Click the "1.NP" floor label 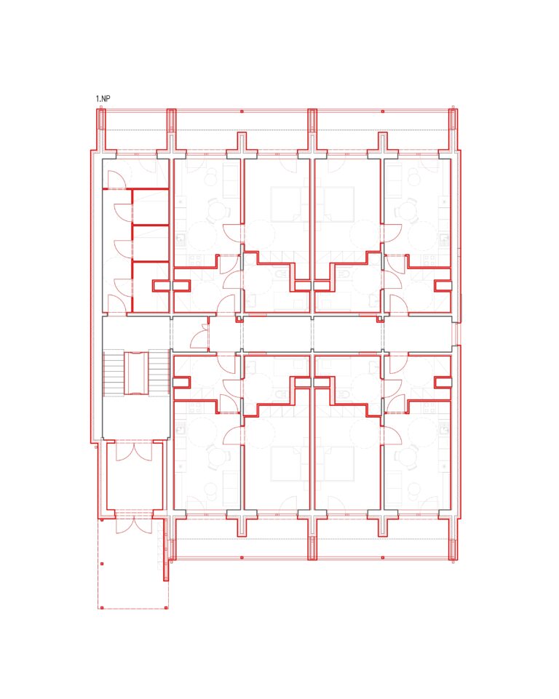[103, 98]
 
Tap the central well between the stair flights [135, 373]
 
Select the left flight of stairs [114, 373]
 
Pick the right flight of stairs [159, 373]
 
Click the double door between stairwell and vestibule [134, 451]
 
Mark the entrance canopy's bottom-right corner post [167, 607]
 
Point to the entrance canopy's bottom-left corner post [102, 607]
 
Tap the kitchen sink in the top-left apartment [181, 240]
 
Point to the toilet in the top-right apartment [344, 273]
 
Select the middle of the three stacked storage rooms [151, 243]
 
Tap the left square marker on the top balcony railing [242, 111]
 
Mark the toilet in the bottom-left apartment [281, 394]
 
